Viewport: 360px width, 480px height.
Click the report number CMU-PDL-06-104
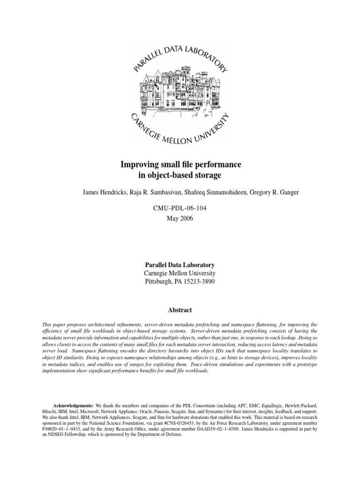coord(180,208)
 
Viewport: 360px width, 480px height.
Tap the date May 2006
coord(180,218)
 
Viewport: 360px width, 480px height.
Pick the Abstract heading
coord(180,310)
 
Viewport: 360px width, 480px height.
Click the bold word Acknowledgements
coord(73,405)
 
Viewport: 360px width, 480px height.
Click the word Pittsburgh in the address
coord(159,282)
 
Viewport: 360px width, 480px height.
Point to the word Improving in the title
coord(138,165)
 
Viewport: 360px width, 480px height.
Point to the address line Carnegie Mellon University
coord(180,273)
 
